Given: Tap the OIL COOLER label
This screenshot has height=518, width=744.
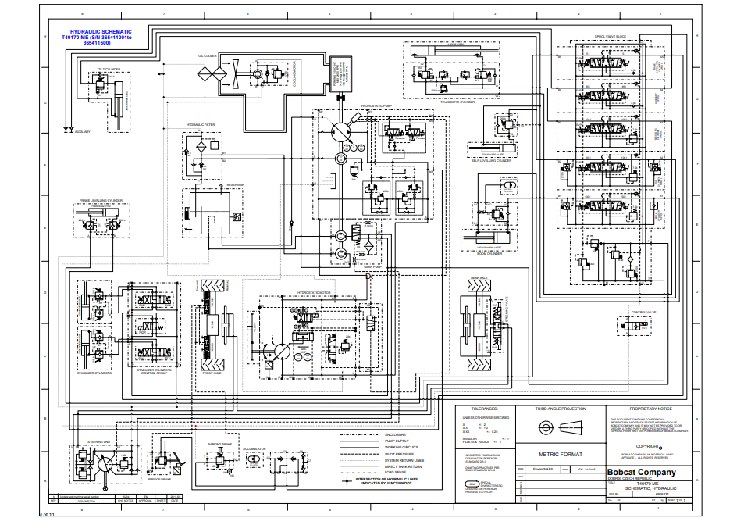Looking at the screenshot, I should click(207, 56).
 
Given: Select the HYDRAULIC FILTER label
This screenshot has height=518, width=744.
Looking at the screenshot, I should click(201, 125).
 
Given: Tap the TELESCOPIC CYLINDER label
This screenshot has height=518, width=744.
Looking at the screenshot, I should click(457, 102).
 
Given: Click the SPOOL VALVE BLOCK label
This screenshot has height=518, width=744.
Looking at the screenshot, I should click(611, 36).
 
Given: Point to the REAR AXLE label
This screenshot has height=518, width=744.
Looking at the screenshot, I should click(479, 277).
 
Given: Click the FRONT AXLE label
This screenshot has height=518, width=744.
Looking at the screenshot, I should click(213, 373).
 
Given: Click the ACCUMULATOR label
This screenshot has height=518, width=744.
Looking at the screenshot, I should click(255, 449).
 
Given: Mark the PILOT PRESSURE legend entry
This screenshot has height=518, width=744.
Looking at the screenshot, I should click(399, 454).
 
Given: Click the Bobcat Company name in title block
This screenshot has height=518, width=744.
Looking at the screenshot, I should click(641, 472).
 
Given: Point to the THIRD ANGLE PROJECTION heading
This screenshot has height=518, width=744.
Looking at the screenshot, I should click(560, 409).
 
